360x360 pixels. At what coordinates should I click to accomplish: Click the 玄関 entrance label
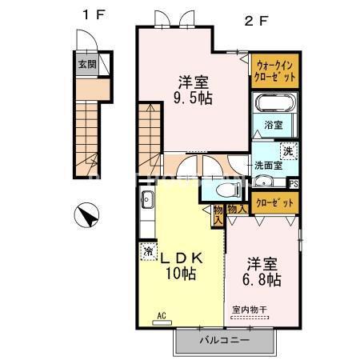pos(87,64)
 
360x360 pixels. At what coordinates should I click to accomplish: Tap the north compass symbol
pos(86,215)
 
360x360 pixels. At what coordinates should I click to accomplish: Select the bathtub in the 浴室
pos(274,104)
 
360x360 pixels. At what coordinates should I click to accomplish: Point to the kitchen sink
pos(147,200)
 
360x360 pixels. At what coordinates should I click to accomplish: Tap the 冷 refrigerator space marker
pos(148,251)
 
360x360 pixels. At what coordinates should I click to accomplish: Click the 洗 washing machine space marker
pos(288,151)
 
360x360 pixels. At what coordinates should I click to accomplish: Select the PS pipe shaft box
pos(294,184)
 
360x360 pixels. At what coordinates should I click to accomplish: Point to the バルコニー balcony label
pos(225,340)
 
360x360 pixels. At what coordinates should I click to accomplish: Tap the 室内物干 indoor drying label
pos(250,310)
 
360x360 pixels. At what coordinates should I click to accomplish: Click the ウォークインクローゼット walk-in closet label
pos(275,71)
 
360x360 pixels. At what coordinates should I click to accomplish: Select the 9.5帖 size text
pos(193,98)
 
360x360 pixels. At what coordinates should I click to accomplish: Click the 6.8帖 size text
pos(262,279)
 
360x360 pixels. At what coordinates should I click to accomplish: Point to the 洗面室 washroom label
pos(268,166)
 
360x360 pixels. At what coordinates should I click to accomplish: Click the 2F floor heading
pos(256,21)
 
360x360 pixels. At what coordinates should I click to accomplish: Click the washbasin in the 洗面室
pos(263,182)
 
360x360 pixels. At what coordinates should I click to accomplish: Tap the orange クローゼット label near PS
pos(274,203)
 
